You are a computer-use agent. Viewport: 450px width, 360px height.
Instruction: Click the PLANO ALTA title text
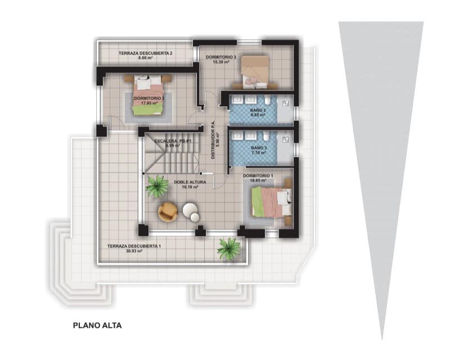pyautogui.click(x=97, y=325)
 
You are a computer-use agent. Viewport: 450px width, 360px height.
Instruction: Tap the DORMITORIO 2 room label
pyautogui.click(x=149, y=98)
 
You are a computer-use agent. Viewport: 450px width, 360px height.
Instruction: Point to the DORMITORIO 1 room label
pyautogui.click(x=258, y=175)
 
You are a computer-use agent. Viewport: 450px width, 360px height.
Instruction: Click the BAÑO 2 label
pyautogui.click(x=258, y=109)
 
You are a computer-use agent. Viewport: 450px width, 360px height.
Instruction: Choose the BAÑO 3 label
pyautogui.click(x=259, y=147)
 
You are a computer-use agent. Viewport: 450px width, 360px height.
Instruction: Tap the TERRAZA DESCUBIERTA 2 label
pyautogui.click(x=145, y=53)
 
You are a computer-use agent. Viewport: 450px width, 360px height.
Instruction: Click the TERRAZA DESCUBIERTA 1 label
pyautogui.click(x=134, y=246)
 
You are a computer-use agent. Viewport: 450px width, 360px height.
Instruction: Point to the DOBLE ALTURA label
pyautogui.click(x=190, y=183)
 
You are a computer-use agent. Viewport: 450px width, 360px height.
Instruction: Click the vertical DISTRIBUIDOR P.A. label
pyautogui.click(x=213, y=140)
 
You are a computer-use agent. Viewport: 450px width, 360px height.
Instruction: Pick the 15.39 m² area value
pyautogui.click(x=221, y=62)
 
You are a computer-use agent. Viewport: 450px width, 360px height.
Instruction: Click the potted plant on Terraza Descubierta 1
pyautogui.click(x=229, y=248)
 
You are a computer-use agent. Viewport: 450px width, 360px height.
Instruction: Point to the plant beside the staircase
pyautogui.click(x=157, y=186)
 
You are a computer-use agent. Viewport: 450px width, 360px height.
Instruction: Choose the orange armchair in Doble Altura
pyautogui.click(x=168, y=212)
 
